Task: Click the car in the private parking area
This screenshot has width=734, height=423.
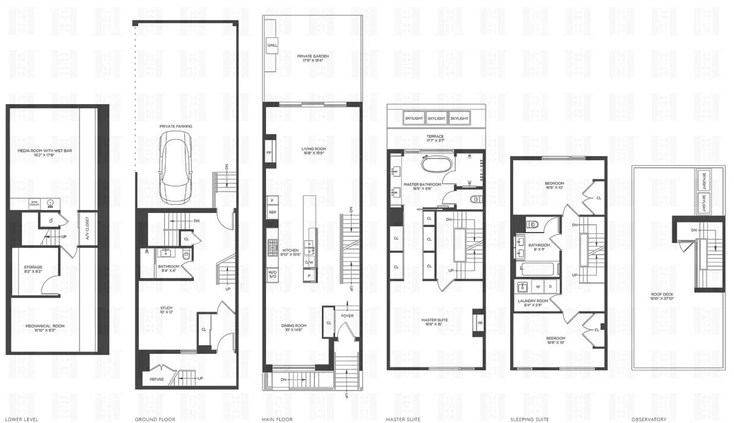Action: (176, 167)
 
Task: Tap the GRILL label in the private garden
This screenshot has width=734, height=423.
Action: (272, 46)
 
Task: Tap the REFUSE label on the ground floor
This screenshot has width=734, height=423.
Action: (157, 380)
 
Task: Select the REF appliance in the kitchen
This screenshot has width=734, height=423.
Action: (272, 212)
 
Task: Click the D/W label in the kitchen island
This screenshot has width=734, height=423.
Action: (310, 262)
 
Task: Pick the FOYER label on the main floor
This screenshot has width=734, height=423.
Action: (347, 316)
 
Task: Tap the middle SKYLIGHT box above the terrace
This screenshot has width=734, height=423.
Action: (436, 118)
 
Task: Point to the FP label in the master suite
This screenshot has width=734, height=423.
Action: (480, 323)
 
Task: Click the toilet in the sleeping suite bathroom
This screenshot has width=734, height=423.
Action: (533, 225)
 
